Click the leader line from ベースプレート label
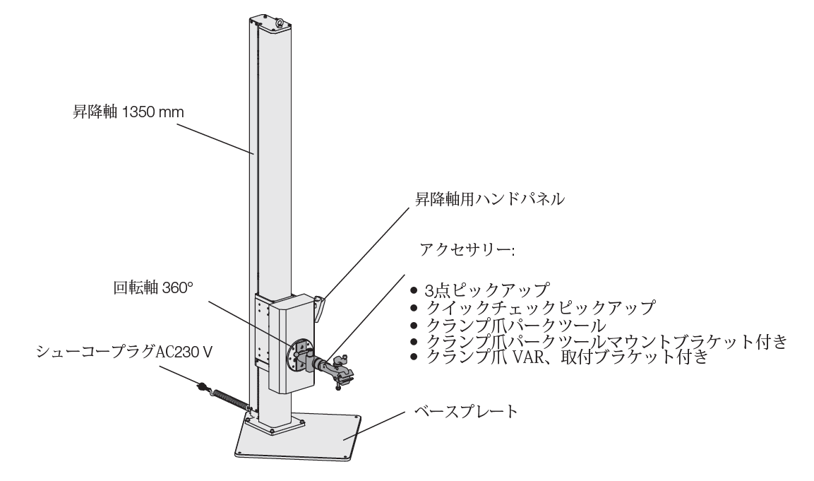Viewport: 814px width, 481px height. tap(381, 424)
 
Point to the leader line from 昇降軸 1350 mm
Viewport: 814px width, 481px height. tap(212, 138)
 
